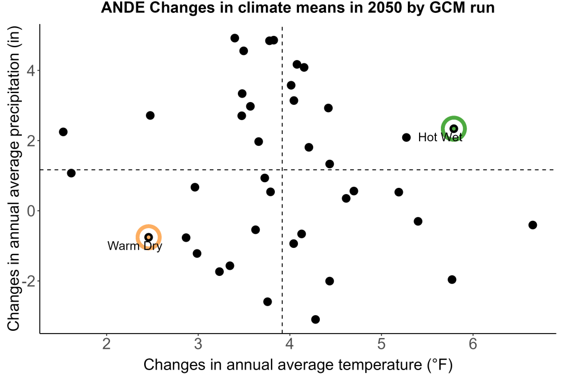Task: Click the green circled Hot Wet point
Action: pyautogui.click(x=454, y=129)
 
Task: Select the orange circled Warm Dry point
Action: pyautogui.click(x=149, y=237)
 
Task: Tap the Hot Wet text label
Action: pyautogui.click(x=440, y=137)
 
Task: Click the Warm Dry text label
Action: pyautogui.click(x=135, y=246)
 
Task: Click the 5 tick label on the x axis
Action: pyautogui.click(x=381, y=344)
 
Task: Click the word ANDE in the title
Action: pyautogui.click(x=123, y=7)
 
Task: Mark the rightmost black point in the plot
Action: pyautogui.click(x=533, y=225)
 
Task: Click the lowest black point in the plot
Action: pyautogui.click(x=315, y=319)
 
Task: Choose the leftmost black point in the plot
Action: pyautogui.click(x=63, y=132)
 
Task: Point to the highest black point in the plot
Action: pyautogui.click(x=234, y=38)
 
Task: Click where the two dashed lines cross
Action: pyautogui.click(x=282, y=169)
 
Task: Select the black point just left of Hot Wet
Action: pyautogui.click(x=406, y=137)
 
